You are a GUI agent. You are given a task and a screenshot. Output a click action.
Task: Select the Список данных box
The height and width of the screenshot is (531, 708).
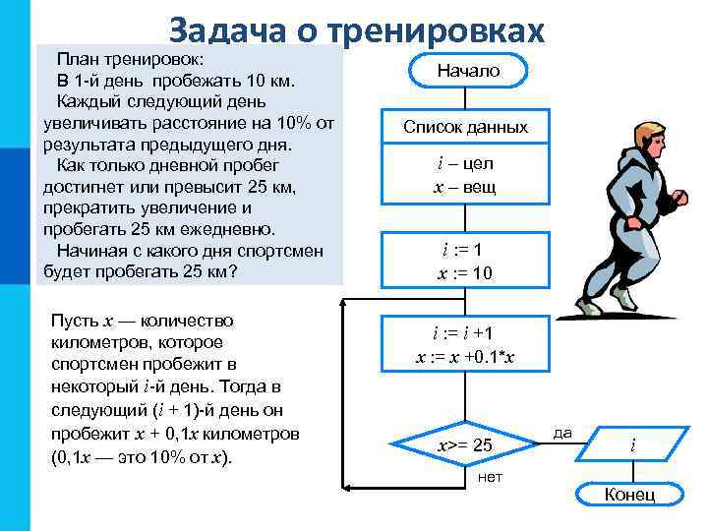click(x=465, y=127)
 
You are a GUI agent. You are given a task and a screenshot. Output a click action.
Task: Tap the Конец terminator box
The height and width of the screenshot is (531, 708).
click(x=629, y=494)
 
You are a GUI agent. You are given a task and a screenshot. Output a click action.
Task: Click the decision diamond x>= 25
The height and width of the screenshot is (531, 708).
click(x=464, y=445)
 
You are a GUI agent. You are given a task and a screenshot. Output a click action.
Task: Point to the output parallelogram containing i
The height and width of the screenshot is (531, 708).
click(x=631, y=445)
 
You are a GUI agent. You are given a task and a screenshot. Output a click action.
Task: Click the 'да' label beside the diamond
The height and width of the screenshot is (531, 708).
click(x=562, y=432)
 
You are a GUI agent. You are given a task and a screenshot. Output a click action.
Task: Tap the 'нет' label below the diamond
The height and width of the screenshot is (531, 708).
click(x=489, y=477)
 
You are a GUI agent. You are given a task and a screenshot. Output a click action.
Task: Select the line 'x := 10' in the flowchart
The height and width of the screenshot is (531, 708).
click(x=464, y=273)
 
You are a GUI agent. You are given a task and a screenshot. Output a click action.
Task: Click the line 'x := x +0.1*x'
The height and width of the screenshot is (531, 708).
click(x=464, y=357)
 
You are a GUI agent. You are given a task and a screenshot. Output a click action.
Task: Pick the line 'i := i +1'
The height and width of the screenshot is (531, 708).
click(x=464, y=333)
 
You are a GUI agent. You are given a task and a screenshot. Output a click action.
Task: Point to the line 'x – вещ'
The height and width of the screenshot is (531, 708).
click(x=464, y=187)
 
